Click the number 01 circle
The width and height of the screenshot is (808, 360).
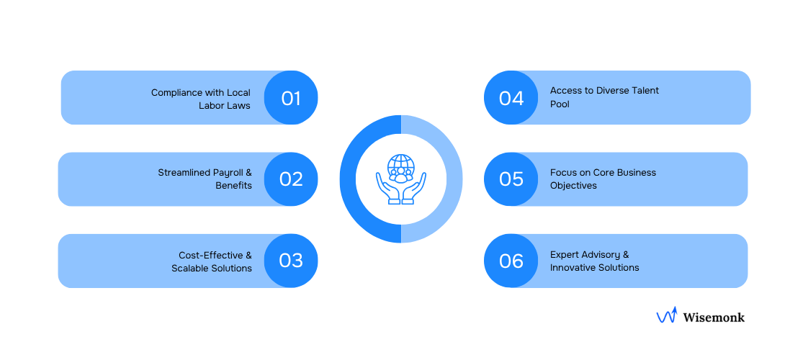point(291,98)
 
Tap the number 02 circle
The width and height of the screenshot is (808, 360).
point(291,179)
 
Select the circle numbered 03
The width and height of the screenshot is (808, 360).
point(291,261)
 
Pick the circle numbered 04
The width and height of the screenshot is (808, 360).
point(511,98)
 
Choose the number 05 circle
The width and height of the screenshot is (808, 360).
point(511,179)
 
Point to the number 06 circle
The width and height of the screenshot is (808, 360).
point(511,261)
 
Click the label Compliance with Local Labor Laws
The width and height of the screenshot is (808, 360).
point(201,99)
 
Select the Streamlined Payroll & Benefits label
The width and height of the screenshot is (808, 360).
point(205,179)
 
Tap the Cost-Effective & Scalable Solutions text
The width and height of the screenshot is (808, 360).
point(212,261)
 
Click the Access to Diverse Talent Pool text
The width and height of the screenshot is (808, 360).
point(603,97)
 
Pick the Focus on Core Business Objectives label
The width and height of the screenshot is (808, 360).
point(603,179)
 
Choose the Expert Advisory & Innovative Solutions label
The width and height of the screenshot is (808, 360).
point(594,261)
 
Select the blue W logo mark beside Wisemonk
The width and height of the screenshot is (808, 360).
point(666,315)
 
